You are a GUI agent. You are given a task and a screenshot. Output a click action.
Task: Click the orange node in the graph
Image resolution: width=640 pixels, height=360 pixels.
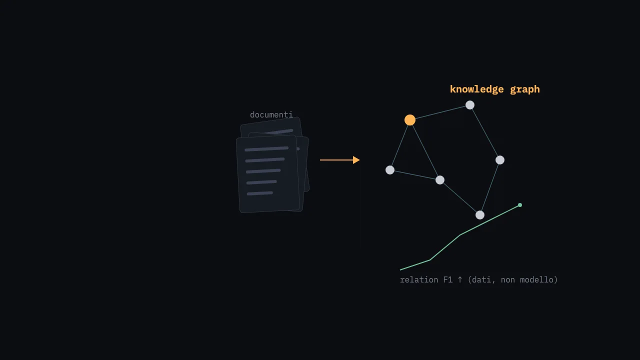[409, 120]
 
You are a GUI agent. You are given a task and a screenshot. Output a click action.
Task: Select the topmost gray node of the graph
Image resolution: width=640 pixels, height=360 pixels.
[470, 105]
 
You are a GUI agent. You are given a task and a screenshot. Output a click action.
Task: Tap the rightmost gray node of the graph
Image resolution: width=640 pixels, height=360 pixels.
[500, 160]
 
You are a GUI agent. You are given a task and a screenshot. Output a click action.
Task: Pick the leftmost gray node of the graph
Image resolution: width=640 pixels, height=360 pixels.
[390, 170]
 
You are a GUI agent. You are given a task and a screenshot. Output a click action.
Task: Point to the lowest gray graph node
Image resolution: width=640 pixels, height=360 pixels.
[480, 215]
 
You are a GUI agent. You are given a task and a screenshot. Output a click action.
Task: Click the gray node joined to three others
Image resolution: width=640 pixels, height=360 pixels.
[440, 180]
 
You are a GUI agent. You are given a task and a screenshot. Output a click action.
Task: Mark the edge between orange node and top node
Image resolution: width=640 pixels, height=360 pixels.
[440, 112]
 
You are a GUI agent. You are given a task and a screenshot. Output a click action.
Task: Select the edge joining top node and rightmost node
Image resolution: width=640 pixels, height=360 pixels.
[485, 132]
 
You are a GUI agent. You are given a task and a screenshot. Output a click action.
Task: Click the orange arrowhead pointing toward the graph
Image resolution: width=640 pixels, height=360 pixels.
[356, 160]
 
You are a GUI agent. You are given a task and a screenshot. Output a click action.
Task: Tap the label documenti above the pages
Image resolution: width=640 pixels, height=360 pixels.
[271, 115]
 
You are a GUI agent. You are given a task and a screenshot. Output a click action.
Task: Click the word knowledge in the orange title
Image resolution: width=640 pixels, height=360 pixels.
[477, 89]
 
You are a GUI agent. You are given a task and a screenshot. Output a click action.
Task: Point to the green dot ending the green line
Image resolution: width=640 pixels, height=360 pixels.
[520, 205]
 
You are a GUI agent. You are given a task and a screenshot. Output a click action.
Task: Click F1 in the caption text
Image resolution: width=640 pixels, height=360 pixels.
[447, 279]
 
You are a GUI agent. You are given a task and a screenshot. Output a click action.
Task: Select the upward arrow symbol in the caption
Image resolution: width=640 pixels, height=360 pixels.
[460, 279]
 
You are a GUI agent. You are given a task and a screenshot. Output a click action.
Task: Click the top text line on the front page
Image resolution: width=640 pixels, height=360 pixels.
[266, 149]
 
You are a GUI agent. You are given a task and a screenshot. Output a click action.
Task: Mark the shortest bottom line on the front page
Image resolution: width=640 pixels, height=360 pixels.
[259, 193]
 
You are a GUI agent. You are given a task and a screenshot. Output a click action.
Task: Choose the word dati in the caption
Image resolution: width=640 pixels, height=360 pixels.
[483, 280]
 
